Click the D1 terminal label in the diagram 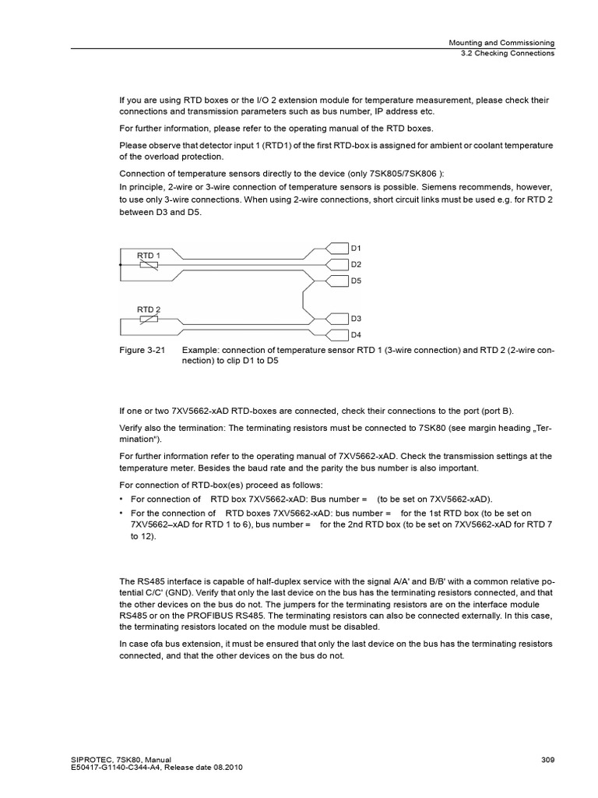(356, 248)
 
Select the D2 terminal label (356, 264)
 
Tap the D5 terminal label (356, 280)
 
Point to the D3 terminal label (356, 319)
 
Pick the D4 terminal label (356, 334)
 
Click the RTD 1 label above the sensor (148, 255)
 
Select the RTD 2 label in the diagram (148, 309)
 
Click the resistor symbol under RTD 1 (148, 265)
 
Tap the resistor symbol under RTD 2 (148, 320)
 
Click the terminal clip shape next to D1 (337, 248)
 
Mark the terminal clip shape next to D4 (337, 334)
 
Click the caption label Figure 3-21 (142, 351)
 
